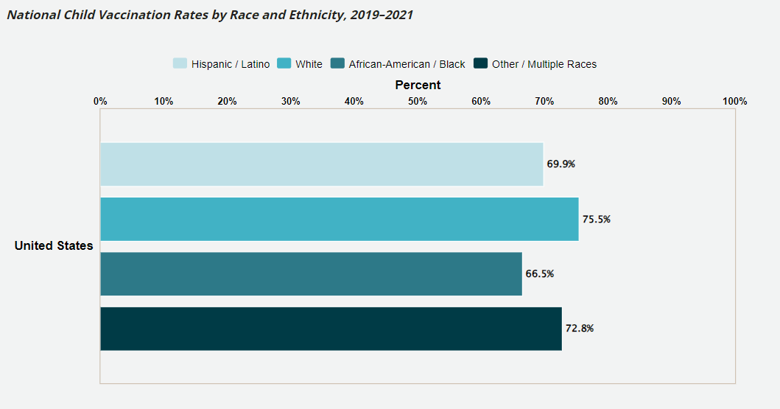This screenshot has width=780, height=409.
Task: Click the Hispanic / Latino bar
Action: [x=321, y=164]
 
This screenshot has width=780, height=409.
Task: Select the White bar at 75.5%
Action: [x=339, y=219]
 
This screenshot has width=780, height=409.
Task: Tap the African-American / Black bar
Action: [x=311, y=273]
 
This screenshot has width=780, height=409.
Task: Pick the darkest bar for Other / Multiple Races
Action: [x=331, y=329]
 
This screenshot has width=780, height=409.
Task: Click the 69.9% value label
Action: [x=561, y=164]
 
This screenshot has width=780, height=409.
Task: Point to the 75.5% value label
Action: [x=596, y=219]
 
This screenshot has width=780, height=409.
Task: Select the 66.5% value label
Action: [x=539, y=273]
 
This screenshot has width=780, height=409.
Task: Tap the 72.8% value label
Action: [x=579, y=329]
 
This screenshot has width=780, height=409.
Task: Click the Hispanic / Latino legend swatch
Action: [x=180, y=64]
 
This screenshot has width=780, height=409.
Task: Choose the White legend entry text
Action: [x=309, y=64]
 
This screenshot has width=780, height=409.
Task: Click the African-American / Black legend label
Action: [x=407, y=64]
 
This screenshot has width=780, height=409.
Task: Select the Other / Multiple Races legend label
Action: [x=544, y=64]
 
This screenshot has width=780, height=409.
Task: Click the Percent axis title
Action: [x=418, y=85]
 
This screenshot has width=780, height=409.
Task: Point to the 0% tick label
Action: [x=100, y=101]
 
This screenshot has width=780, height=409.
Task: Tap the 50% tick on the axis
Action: [x=418, y=101]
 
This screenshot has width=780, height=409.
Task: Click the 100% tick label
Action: [x=734, y=101]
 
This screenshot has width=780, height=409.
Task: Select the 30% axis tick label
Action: [x=291, y=101]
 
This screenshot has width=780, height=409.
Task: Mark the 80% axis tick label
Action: [x=608, y=101]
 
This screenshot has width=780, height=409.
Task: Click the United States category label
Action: [x=54, y=246]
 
